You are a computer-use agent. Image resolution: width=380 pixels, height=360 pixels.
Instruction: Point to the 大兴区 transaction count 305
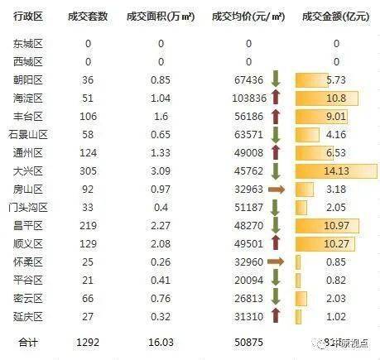pyautogui.click(x=87, y=171)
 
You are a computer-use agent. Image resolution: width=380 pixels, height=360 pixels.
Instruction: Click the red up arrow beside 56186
pyautogui.click(x=276, y=117)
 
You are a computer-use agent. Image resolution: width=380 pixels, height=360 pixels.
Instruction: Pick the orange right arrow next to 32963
pyautogui.click(x=277, y=190)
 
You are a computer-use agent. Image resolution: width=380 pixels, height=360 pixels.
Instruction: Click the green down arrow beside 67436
pyautogui.click(x=276, y=80)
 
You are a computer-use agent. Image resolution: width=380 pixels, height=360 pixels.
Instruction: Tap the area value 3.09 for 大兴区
pyautogui.click(x=161, y=171)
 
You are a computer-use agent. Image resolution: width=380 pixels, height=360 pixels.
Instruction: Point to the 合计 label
pyautogui.click(x=28, y=340)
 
